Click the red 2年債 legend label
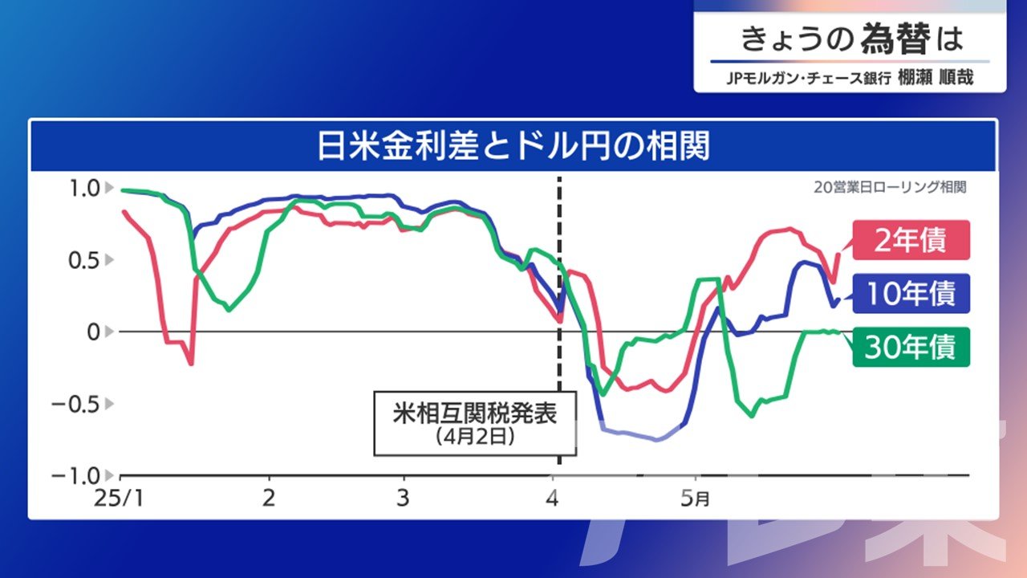point(911,240)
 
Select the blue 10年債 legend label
point(911,294)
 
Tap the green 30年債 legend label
point(911,348)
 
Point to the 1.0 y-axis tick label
point(84,188)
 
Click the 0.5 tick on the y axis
point(84,261)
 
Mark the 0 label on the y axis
point(94,332)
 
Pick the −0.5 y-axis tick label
point(75,404)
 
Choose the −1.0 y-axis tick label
point(75,476)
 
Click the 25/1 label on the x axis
point(119,499)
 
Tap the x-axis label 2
point(269,498)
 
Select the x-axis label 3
point(403,498)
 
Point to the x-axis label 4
point(553,498)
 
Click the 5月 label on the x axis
point(695,499)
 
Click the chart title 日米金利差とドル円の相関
point(513,146)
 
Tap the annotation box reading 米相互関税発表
point(475,423)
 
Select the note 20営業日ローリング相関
point(890,187)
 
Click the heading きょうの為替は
point(852,39)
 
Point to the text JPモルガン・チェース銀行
point(809,78)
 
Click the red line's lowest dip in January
point(191,364)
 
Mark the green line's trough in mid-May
point(752,416)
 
